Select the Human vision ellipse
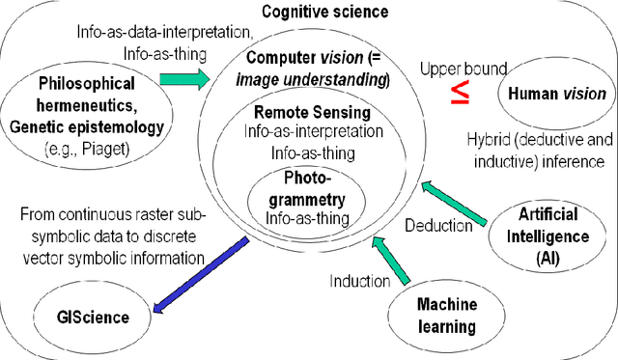click(x=553, y=94)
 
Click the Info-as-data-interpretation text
click(x=154, y=32)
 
